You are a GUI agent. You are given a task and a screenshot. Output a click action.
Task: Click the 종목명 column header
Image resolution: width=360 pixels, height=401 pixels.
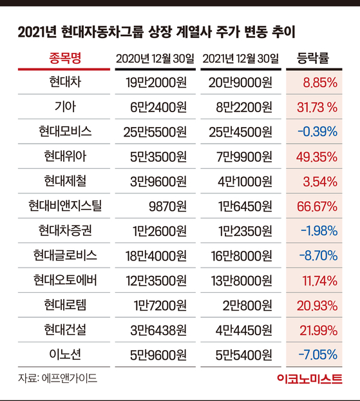coord(65,58)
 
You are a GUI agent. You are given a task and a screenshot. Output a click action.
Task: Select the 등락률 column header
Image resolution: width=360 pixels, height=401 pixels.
coord(313,58)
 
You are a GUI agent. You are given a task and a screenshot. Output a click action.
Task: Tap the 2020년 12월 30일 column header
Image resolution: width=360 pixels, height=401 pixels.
coord(155,59)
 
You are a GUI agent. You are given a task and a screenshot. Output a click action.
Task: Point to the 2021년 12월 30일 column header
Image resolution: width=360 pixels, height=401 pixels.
coord(241,59)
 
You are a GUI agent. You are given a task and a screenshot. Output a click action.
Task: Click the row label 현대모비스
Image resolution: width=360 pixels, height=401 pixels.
coord(65,132)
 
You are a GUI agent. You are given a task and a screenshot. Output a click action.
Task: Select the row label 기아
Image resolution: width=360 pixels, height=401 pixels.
coord(65,106)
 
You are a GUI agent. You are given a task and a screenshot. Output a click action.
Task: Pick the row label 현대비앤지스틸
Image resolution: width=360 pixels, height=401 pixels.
coord(65,206)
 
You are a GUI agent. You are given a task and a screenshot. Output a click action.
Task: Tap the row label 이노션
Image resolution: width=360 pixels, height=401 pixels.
coord(65,355)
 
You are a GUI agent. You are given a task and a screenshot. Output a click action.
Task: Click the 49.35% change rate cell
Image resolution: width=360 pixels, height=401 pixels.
coord(317,157)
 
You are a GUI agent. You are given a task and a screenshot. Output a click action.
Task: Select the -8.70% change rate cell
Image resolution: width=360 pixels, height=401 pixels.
coord(318,256)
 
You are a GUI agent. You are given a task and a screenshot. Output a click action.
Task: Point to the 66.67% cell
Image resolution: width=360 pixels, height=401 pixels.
coord(317,206)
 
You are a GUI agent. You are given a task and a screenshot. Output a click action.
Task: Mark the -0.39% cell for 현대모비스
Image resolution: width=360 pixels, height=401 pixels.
coord(317,132)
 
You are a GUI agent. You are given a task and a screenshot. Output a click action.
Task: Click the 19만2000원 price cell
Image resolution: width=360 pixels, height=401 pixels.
coord(156,83)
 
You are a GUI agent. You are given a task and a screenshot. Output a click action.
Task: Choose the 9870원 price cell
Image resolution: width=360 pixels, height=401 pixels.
coord(167,206)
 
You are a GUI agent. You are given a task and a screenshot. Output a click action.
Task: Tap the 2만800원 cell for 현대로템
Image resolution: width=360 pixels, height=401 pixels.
coord(247,306)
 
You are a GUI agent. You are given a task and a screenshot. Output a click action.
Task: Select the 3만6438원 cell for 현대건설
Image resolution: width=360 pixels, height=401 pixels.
coord(158,330)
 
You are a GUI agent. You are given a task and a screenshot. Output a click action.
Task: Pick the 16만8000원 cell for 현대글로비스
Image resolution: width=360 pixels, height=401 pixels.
coord(242,256)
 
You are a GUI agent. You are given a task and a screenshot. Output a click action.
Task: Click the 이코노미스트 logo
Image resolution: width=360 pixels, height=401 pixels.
coord(310,378)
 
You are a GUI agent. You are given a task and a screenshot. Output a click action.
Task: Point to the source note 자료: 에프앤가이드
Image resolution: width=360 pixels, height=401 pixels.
coord(57,378)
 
